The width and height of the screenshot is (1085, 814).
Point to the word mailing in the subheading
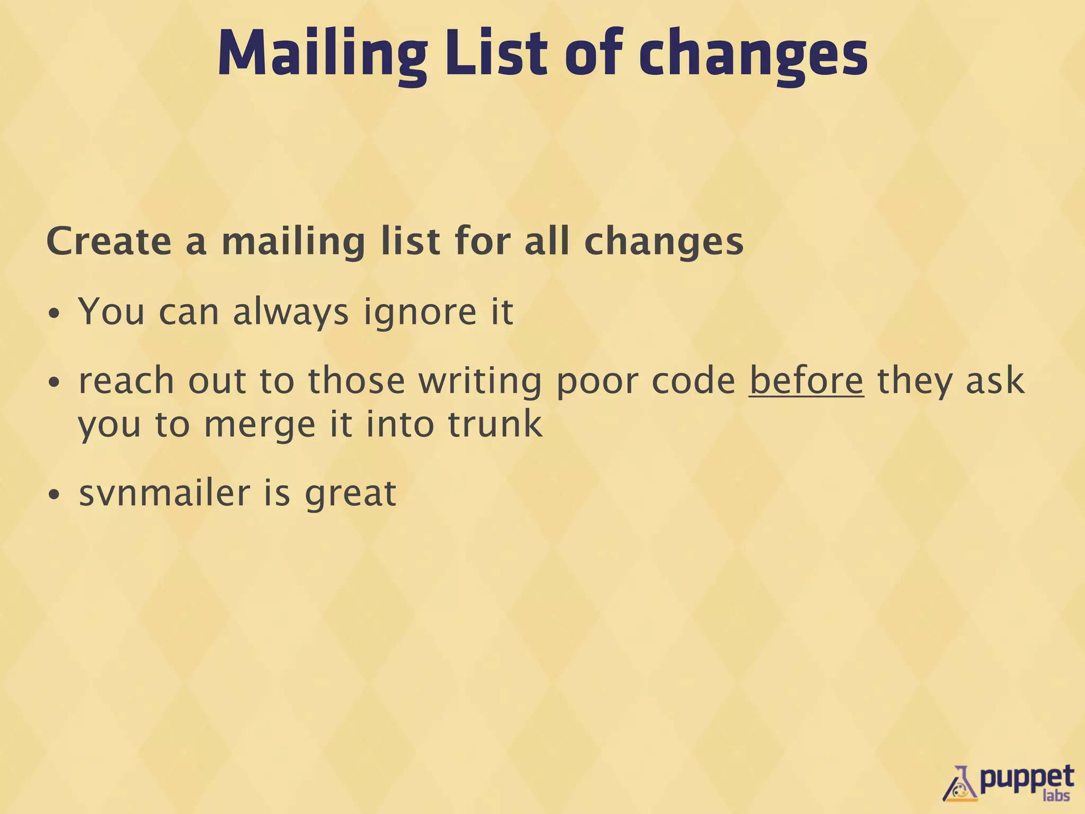coord(293,243)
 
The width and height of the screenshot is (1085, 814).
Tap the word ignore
coord(420,312)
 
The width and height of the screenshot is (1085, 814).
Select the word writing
coord(481,382)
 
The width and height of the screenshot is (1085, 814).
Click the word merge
coord(260,426)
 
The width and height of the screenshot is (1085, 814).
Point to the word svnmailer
coord(164,493)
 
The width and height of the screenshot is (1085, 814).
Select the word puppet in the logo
coord(1026,778)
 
